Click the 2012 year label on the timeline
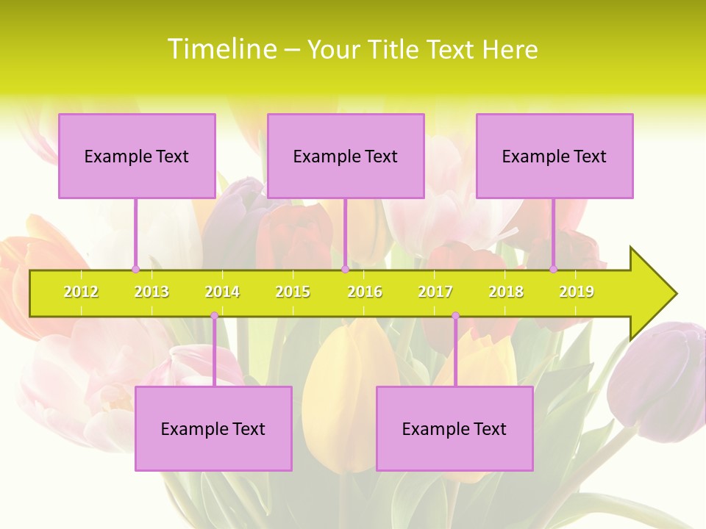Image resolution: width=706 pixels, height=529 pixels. [81, 292]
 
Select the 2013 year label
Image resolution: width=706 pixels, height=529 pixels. [151, 292]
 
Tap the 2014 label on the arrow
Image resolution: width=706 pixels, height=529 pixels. [222, 292]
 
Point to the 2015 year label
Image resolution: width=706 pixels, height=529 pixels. [293, 292]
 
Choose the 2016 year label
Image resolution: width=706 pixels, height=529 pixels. [365, 292]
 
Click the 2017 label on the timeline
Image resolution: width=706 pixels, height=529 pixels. [435, 292]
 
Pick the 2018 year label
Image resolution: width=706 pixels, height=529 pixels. [506, 292]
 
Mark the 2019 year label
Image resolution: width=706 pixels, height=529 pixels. [577, 292]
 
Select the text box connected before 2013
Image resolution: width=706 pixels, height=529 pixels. [137, 156]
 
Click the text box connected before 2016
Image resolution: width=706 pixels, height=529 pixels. [346, 156]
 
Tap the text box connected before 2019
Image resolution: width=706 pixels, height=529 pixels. [555, 156]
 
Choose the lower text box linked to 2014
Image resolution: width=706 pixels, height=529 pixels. [213, 428]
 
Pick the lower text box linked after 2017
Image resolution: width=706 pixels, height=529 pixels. [454, 428]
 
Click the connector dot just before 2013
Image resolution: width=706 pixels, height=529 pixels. [135, 269]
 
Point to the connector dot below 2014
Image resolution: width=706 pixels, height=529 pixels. [214, 316]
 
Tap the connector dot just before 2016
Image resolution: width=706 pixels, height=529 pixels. [345, 269]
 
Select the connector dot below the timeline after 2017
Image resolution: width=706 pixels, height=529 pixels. [455, 316]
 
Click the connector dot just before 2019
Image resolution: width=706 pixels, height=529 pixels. [554, 269]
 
